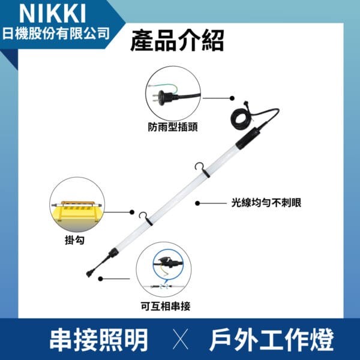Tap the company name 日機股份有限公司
56,34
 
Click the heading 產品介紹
177,41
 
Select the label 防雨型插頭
172,127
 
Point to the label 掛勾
74,241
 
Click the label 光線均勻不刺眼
266,203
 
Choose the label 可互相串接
166,306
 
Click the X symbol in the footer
181,339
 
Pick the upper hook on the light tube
202,169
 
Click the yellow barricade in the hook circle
77,211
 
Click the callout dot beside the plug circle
232,98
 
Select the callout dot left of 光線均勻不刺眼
197,203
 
